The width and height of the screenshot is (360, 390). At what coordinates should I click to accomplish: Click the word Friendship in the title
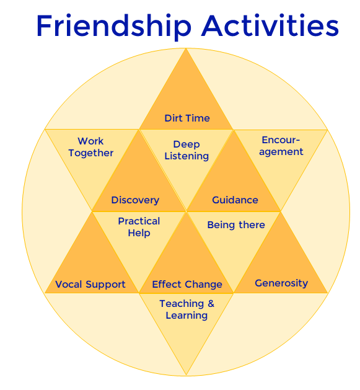(114, 26)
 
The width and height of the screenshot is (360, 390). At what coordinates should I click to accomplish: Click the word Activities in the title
(270, 25)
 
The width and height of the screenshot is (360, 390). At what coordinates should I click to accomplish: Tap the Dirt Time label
(187, 118)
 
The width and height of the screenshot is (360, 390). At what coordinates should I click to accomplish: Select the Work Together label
(91, 147)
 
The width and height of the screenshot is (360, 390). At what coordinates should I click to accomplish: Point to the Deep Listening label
(187, 151)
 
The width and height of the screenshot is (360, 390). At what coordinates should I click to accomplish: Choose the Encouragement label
(281, 146)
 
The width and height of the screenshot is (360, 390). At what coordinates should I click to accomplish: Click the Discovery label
(135, 200)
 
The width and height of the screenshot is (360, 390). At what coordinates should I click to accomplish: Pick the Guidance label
(235, 200)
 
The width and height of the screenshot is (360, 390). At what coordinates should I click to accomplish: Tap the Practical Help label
(139, 227)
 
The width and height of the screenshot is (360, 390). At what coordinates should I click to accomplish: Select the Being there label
(236, 225)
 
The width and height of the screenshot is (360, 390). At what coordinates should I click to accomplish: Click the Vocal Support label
(90, 285)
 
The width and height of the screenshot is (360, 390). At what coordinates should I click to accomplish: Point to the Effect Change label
(187, 285)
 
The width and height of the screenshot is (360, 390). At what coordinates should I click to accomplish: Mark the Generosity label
(281, 283)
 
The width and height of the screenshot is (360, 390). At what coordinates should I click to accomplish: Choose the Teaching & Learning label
(187, 309)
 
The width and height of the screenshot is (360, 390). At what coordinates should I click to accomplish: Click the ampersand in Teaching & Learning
(211, 304)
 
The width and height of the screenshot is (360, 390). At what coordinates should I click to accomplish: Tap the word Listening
(187, 156)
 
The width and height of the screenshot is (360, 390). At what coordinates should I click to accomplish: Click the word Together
(91, 153)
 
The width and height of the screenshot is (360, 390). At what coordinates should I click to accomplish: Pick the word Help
(139, 233)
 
